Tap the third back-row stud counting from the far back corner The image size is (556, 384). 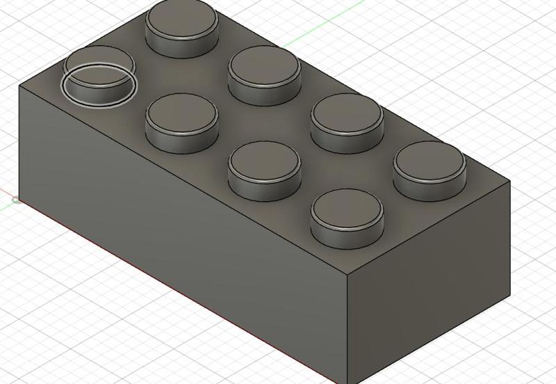tap(347, 119)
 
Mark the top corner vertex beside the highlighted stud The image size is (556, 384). tap(19, 85)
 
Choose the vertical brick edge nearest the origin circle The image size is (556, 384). tap(19, 139)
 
